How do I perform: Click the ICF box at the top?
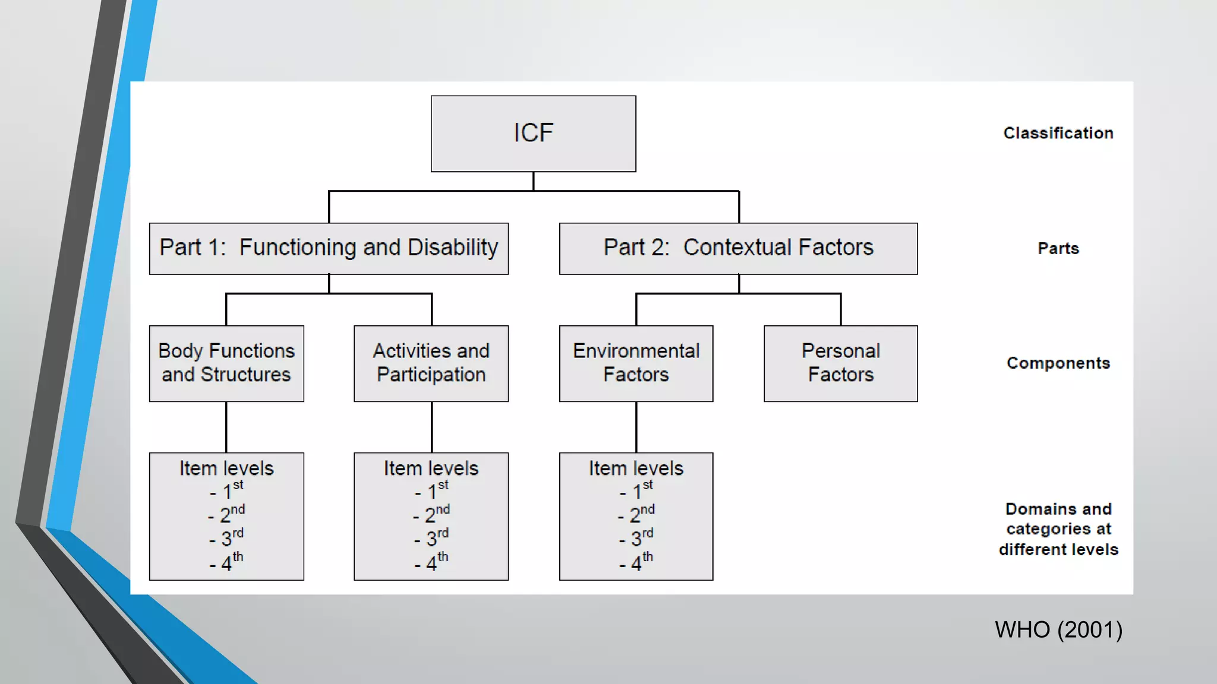point(533,134)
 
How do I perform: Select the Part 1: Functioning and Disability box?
point(329,248)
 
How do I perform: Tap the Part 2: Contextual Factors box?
point(738,248)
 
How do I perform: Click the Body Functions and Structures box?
point(226,363)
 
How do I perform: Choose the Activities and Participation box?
point(431,363)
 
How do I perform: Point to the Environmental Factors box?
point(636,363)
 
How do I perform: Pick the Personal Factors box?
point(840,363)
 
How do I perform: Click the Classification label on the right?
point(1058,133)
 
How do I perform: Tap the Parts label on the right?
point(1058,248)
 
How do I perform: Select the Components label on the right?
point(1058,363)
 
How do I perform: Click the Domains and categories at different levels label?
point(1058,529)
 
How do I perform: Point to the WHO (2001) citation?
point(1058,630)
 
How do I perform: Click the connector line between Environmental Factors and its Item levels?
point(636,427)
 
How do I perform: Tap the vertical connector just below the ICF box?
point(533,181)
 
